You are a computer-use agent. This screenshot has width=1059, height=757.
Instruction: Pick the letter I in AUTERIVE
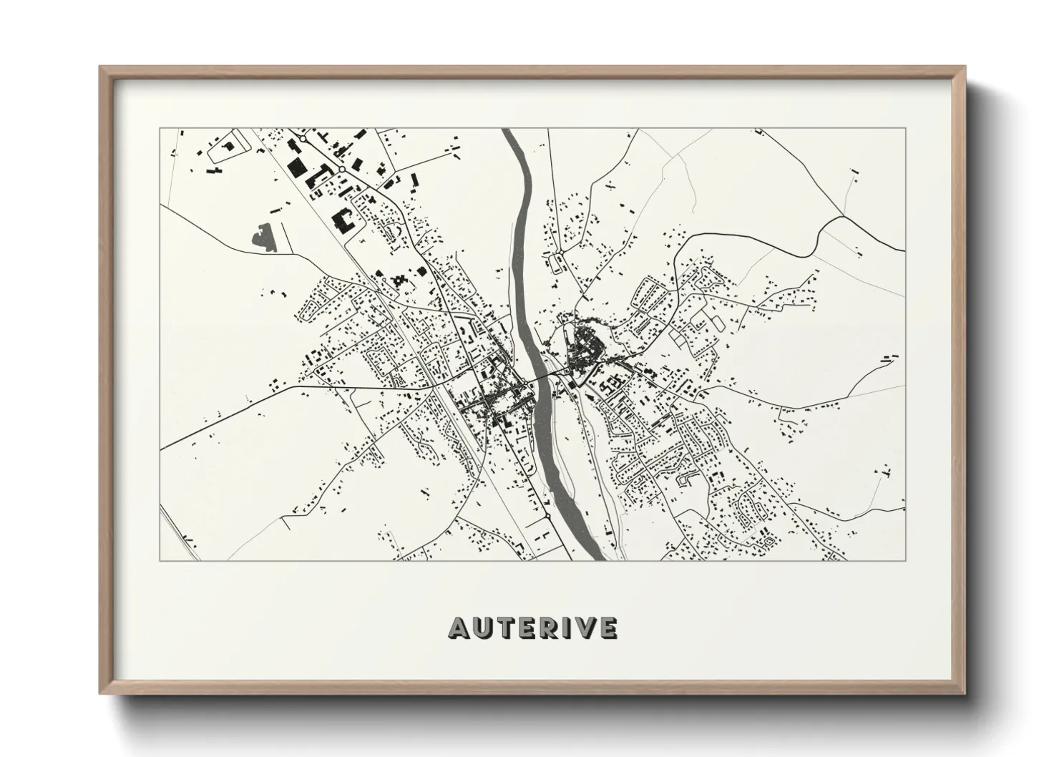572,627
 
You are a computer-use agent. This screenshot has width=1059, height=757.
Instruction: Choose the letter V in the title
589,627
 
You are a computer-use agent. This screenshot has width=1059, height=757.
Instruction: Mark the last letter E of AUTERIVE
610,627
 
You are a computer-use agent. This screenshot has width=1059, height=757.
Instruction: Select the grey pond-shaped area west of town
265,237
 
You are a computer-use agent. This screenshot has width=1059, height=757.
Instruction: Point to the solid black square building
296,168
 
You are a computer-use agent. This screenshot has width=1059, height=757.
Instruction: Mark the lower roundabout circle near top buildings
342,168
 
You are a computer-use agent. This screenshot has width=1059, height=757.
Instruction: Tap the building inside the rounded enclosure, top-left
230,145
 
